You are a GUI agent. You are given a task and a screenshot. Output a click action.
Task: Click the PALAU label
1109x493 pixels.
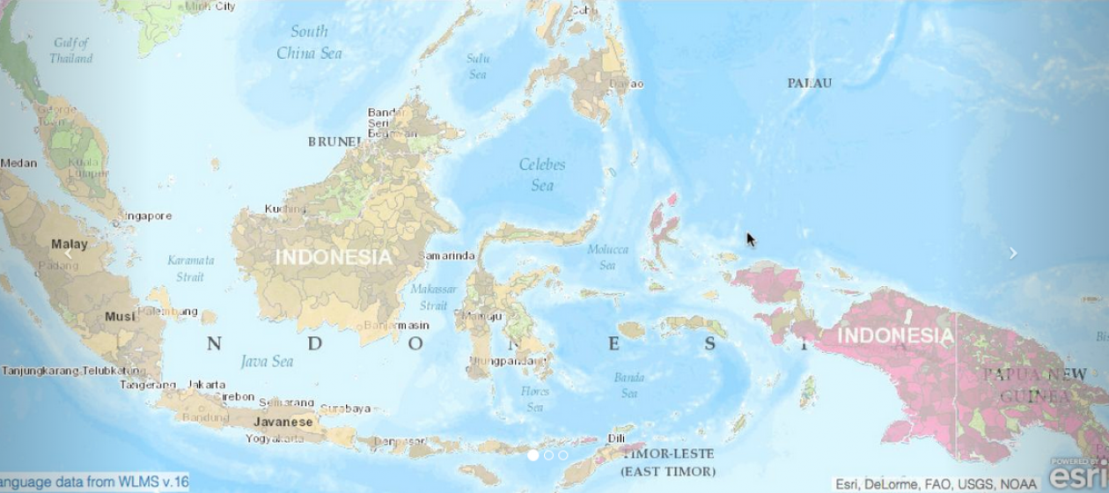click(x=810, y=83)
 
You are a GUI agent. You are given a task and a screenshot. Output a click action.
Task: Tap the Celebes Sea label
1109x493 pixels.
click(x=542, y=174)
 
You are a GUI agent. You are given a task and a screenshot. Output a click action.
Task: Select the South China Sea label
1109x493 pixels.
click(x=309, y=42)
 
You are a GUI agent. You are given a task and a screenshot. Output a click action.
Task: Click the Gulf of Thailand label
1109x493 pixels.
click(x=71, y=50)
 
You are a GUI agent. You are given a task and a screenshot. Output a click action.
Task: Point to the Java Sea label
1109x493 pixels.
click(x=267, y=361)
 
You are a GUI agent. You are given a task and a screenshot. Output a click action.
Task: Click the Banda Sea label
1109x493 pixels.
click(x=629, y=385)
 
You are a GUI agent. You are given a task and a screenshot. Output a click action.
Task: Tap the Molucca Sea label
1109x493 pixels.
click(x=607, y=257)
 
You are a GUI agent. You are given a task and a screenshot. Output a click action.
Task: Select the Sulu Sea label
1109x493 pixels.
click(x=478, y=66)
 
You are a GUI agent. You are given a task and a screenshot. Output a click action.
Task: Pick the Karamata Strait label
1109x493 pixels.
click(x=191, y=268)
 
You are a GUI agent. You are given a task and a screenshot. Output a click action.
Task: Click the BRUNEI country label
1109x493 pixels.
click(x=334, y=141)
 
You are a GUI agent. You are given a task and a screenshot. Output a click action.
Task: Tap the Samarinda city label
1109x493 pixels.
click(x=446, y=256)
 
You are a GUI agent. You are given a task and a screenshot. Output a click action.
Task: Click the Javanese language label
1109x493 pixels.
click(x=283, y=422)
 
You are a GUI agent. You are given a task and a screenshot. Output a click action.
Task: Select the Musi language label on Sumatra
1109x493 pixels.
click(x=121, y=316)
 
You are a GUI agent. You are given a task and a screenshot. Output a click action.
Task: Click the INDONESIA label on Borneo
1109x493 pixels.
click(x=334, y=257)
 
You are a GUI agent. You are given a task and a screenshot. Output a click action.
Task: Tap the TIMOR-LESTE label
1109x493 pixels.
click(x=668, y=454)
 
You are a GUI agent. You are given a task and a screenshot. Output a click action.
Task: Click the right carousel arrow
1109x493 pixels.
click(x=1013, y=253)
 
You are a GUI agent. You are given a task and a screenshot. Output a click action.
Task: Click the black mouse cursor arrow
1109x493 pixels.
click(x=750, y=239)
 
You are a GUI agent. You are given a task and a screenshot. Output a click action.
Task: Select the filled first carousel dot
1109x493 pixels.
click(x=533, y=455)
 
